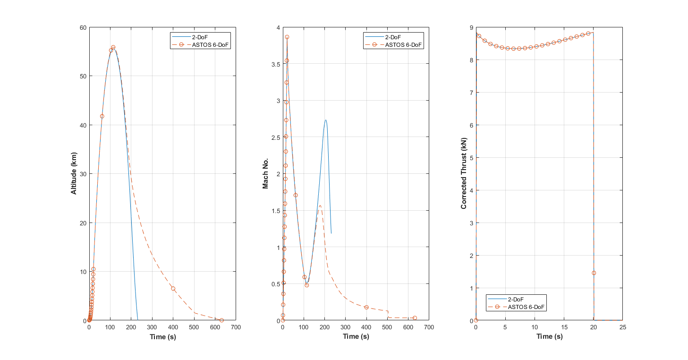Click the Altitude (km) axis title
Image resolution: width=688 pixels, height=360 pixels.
pos(74,174)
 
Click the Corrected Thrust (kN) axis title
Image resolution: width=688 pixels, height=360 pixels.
pos(464,174)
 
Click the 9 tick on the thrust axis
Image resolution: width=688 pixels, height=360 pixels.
pos(471,27)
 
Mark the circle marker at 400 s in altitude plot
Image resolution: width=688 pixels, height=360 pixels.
pos(173,289)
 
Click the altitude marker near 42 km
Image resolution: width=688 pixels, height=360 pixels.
pos(102,116)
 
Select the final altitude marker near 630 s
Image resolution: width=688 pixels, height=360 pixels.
pos(221,320)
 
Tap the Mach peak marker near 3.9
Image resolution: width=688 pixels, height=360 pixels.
pos(287,37)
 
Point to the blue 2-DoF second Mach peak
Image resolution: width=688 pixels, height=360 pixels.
pos(325,120)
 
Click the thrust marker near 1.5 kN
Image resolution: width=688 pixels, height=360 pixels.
pos(594,273)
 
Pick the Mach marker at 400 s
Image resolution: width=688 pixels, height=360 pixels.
pos(366,308)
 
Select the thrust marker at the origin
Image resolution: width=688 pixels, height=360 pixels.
pos(476,320)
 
